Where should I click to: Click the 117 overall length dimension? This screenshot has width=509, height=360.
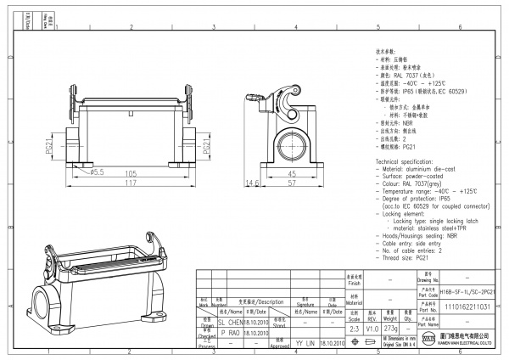coord(131,183)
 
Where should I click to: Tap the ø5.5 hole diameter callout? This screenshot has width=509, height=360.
coord(97,172)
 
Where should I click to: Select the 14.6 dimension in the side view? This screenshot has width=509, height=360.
coord(252,183)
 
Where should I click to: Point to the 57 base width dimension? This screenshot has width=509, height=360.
coord(291,183)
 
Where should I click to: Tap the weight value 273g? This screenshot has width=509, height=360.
coord(392,327)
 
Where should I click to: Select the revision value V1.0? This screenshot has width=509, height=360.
coord(372,327)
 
